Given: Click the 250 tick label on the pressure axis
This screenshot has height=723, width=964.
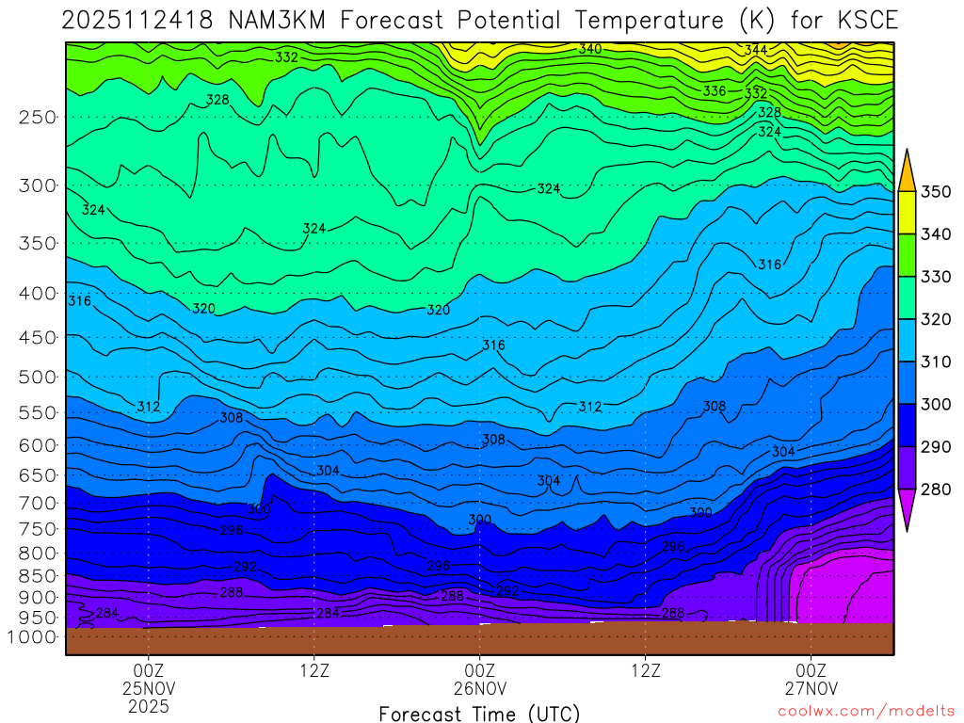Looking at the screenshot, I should pyautogui.click(x=37, y=118).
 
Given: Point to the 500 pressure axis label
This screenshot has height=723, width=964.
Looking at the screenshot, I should pyautogui.click(x=37, y=377).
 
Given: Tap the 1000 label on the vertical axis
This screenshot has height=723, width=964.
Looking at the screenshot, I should pyautogui.click(x=32, y=636).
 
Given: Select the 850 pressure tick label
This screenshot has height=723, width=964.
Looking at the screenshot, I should pyautogui.click(x=37, y=574).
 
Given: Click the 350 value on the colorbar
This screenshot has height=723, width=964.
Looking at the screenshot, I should pyautogui.click(x=936, y=192).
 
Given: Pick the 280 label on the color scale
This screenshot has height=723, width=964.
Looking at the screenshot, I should pyautogui.click(x=936, y=490).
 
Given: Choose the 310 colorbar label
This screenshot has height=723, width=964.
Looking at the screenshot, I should pyautogui.click(x=936, y=362).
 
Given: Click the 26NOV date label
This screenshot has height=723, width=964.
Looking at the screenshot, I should pyautogui.click(x=479, y=687).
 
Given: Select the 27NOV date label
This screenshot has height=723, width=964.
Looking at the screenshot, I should pyautogui.click(x=811, y=687).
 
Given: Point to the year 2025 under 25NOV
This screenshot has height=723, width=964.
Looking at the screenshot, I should pyautogui.click(x=149, y=705).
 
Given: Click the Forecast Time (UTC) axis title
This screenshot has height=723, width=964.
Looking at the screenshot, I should pyautogui.click(x=479, y=713).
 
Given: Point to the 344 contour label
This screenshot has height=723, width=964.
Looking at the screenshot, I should pyautogui.click(x=756, y=49).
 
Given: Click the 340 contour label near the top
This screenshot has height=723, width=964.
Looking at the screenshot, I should pyautogui.click(x=590, y=49).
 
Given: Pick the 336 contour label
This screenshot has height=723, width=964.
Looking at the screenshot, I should pyautogui.click(x=715, y=91).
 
